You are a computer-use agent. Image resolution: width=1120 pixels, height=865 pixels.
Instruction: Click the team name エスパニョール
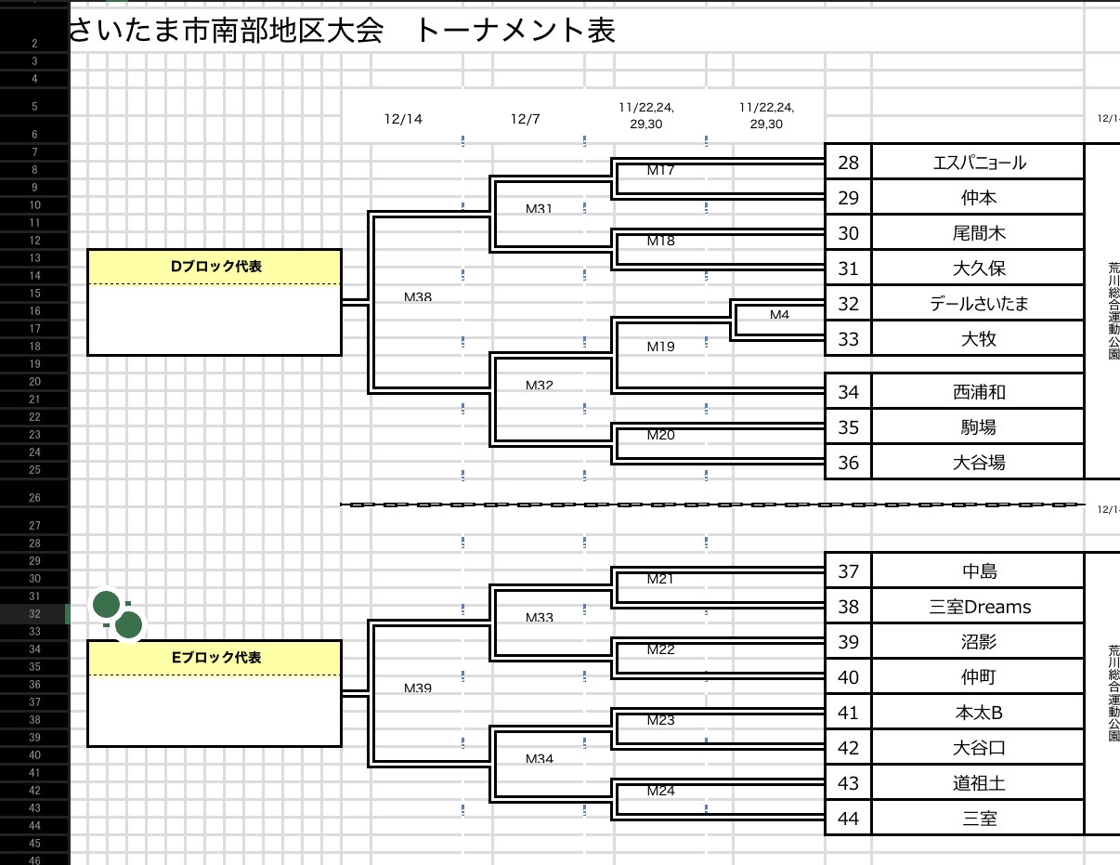pyautogui.click(x=979, y=163)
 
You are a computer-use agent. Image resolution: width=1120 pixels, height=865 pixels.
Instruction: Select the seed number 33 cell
pyautogui.click(x=848, y=339)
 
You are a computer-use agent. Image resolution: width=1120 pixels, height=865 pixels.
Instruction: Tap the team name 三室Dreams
pyautogui.click(x=980, y=607)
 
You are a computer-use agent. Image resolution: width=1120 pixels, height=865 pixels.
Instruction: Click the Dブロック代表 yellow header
pyautogui.click(x=215, y=267)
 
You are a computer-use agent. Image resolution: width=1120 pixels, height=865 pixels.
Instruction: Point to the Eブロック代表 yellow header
pyautogui.click(x=215, y=658)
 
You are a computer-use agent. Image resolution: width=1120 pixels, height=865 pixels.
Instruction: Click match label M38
pyautogui.click(x=418, y=297)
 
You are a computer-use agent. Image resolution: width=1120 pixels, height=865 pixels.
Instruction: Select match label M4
pyautogui.click(x=779, y=315)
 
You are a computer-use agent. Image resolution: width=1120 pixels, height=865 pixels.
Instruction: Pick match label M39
pyautogui.click(x=418, y=688)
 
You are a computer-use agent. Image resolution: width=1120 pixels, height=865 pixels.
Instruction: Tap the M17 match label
pyautogui.click(x=660, y=170)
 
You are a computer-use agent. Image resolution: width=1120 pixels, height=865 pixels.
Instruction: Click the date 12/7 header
pyautogui.click(x=525, y=119)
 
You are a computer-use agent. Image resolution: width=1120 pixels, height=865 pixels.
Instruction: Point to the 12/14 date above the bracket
pyautogui.click(x=403, y=119)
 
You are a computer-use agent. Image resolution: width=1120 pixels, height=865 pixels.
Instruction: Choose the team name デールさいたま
pyautogui.click(x=979, y=304)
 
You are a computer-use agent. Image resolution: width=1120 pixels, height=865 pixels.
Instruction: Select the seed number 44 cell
pyautogui.click(x=848, y=819)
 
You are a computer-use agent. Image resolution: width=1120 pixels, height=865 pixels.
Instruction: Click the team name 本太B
pyautogui.click(x=979, y=713)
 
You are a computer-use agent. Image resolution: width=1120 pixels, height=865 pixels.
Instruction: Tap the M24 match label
pyautogui.click(x=660, y=791)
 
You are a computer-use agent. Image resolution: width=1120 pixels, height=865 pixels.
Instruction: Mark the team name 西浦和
pyautogui.click(x=979, y=392)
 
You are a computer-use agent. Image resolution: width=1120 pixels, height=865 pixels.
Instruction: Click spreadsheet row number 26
pyautogui.click(x=34, y=498)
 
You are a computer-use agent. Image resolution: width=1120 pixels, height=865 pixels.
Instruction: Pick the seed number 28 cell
pyautogui.click(x=848, y=163)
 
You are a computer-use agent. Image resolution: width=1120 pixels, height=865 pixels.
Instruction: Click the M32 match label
pyautogui.click(x=539, y=385)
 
